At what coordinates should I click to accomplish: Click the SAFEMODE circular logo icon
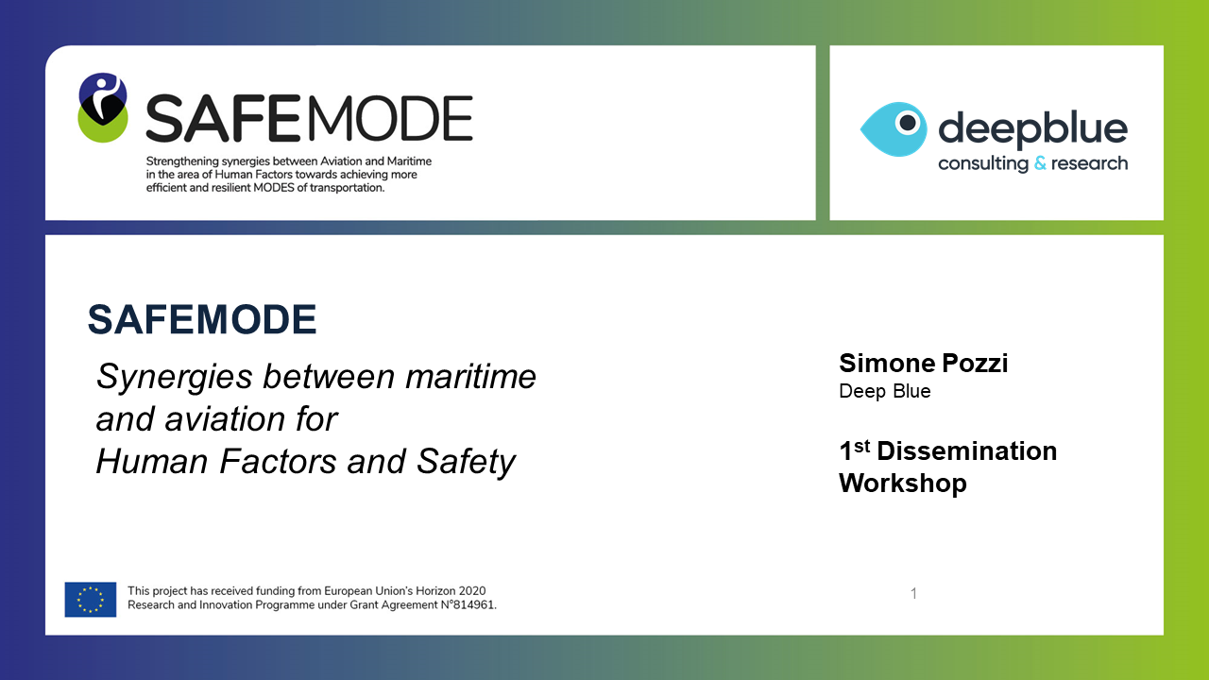(x=103, y=108)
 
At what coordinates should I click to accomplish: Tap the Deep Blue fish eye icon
(x=894, y=129)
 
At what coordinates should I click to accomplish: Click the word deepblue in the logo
(x=1032, y=128)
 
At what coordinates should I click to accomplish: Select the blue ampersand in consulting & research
(x=1040, y=162)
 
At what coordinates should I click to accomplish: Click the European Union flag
(x=91, y=599)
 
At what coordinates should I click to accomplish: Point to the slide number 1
(x=913, y=594)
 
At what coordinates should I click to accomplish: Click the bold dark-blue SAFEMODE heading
(x=202, y=319)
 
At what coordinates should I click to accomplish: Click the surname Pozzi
(x=975, y=364)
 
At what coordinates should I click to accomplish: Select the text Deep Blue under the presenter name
(x=885, y=391)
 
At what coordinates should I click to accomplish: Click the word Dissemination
(x=966, y=451)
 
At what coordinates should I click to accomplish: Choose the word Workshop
(x=902, y=483)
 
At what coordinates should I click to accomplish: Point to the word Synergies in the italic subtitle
(x=175, y=378)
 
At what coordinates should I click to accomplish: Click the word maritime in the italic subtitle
(x=470, y=376)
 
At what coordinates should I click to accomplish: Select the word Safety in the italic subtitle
(x=466, y=463)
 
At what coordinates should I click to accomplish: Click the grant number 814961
(x=473, y=605)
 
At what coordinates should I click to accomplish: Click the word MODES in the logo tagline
(x=274, y=188)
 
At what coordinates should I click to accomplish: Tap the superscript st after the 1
(x=862, y=446)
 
